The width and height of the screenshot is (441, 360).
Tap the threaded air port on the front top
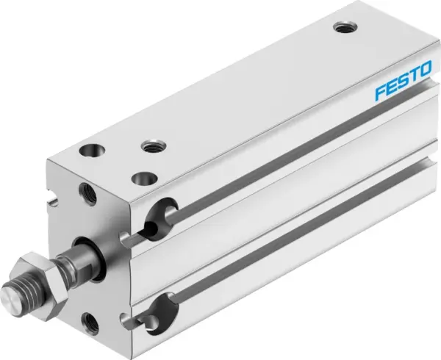[153, 145]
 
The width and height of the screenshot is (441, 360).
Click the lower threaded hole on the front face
[90, 320]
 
